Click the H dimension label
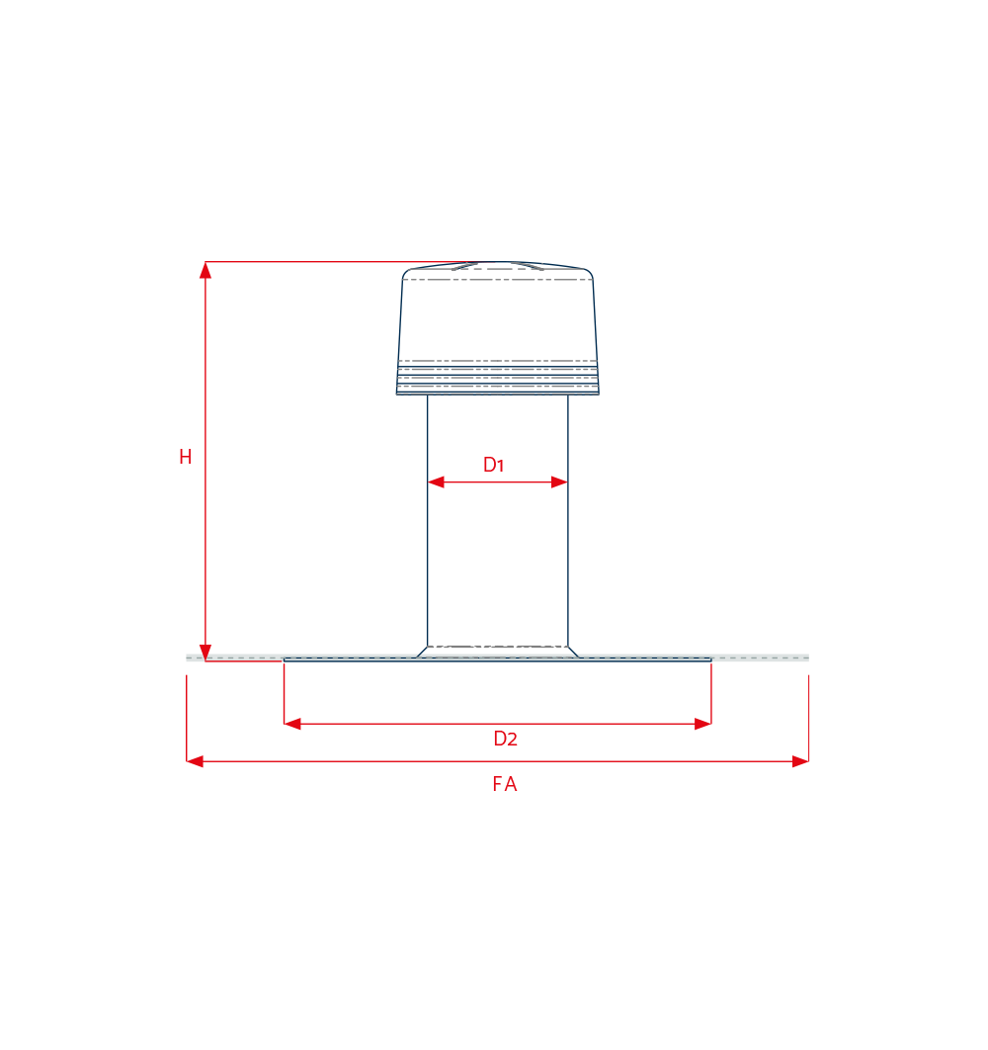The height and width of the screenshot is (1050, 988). click(186, 457)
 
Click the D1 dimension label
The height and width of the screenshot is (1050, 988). click(493, 464)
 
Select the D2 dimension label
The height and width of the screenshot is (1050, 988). click(506, 739)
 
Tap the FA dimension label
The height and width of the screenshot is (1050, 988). click(505, 784)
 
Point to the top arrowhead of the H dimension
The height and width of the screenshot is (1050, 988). click(206, 270)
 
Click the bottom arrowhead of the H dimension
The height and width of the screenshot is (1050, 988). click(206, 653)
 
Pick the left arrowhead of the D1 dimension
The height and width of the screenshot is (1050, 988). click(436, 482)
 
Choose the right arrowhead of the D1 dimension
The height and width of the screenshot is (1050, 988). click(559, 482)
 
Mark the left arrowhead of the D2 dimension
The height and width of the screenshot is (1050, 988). click(292, 724)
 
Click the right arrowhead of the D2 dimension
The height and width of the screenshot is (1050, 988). click(702, 724)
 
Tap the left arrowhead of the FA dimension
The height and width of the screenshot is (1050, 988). click(195, 761)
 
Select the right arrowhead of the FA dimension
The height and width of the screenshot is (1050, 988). click(800, 761)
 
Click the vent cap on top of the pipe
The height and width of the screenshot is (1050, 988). click(497, 328)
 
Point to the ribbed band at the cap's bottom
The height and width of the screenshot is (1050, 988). click(497, 378)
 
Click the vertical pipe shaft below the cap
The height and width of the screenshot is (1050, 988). click(497, 520)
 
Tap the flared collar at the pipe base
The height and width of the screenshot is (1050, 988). click(497, 652)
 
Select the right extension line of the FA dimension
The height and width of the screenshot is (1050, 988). click(808, 718)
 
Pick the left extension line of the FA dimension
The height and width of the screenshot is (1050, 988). click(187, 718)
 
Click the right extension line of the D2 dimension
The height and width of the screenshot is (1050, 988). click(711, 694)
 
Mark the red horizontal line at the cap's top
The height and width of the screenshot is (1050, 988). click(342, 262)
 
